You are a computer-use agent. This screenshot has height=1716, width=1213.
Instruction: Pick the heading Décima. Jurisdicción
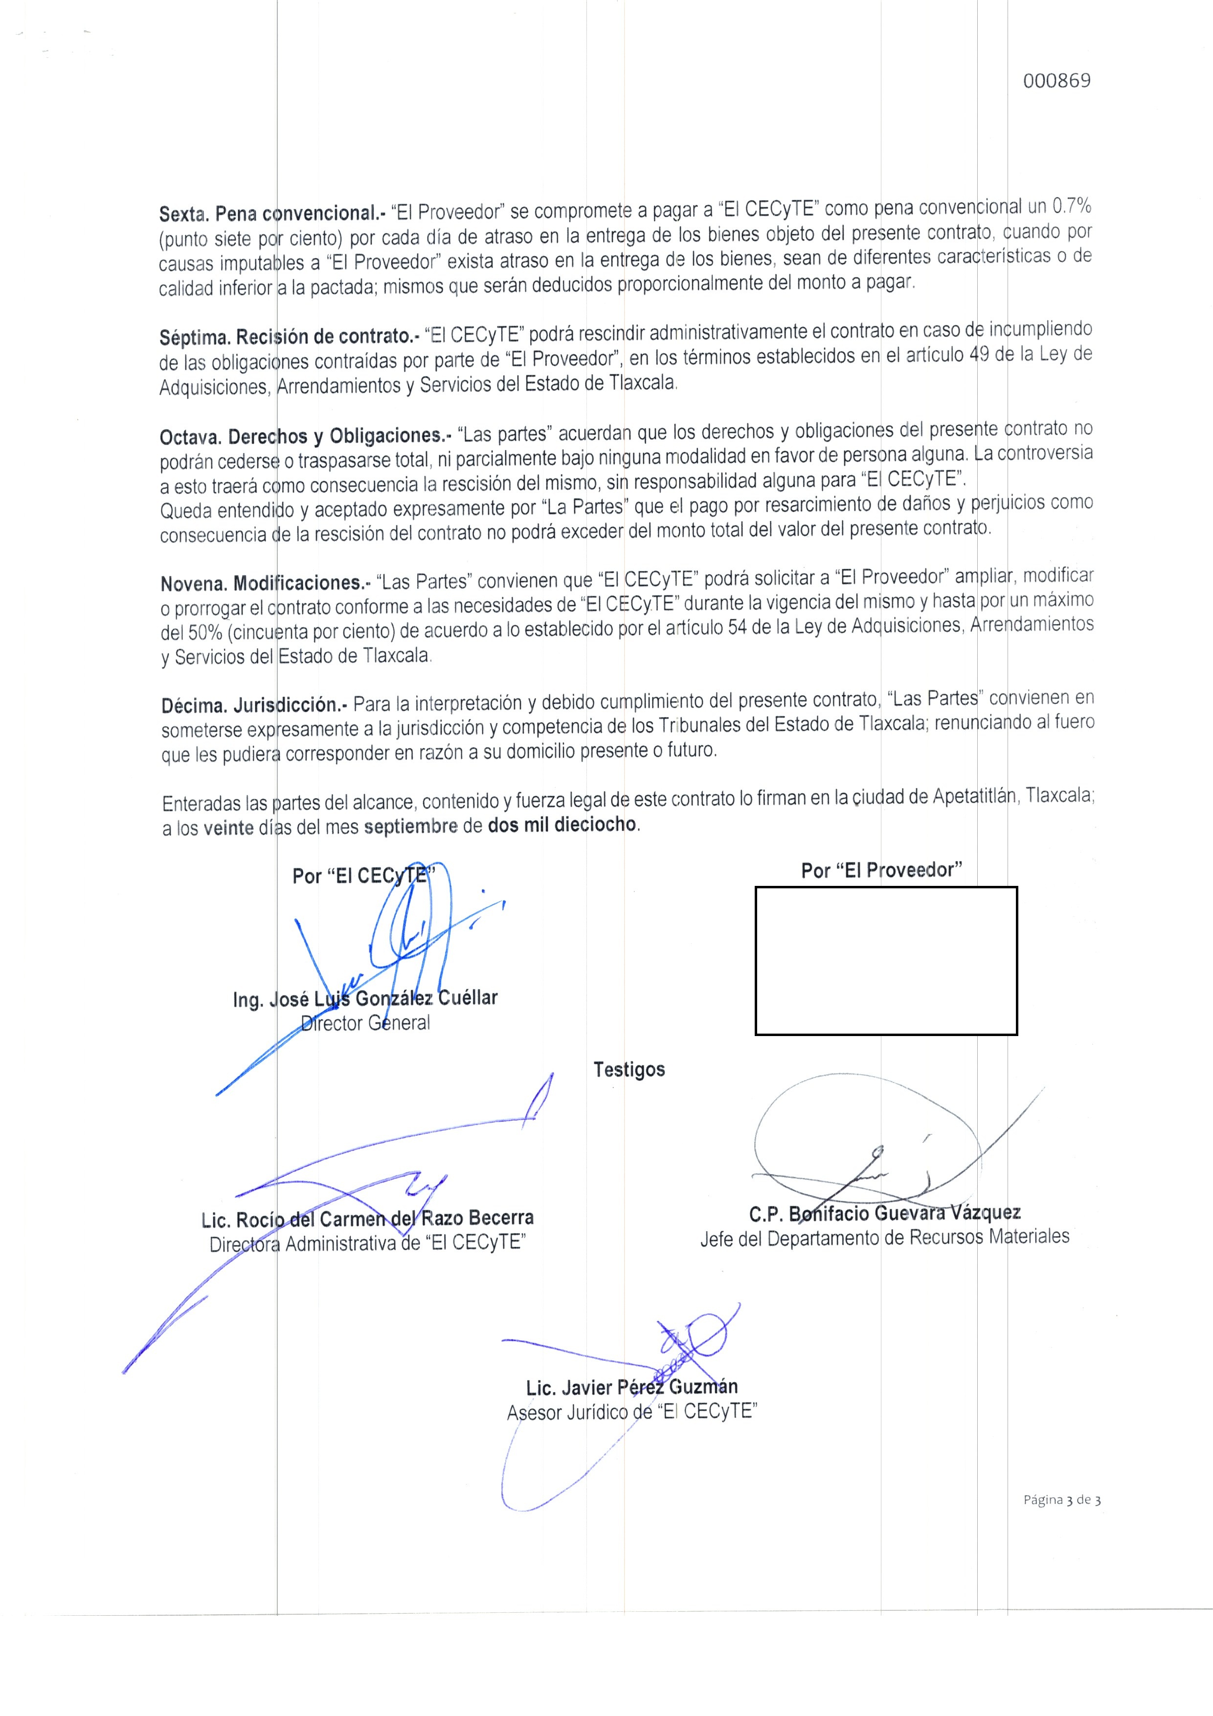click(x=254, y=705)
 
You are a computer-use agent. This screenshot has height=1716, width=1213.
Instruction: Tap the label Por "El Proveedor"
click(x=881, y=870)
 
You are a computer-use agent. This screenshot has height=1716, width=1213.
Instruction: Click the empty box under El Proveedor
click(x=886, y=960)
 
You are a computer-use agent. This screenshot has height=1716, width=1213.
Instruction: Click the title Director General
click(x=365, y=1023)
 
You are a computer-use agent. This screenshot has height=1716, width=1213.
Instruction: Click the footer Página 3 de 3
click(x=1061, y=1499)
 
